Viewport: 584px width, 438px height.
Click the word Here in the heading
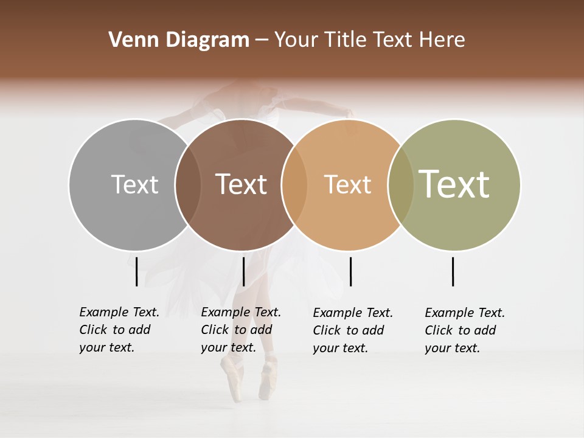[442, 40]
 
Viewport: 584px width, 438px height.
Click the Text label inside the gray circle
[134, 184]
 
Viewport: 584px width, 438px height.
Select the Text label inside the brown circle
[241, 184]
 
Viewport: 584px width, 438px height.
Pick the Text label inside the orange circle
[347, 184]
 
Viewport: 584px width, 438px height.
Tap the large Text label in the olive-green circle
[454, 184]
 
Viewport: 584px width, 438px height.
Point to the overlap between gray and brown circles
[188, 185]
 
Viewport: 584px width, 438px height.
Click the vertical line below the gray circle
[137, 271]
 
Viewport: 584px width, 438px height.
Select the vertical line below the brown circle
[243, 271]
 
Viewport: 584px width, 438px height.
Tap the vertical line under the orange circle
[350, 271]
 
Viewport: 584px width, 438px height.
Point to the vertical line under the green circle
[453, 271]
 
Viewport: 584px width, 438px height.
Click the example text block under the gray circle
[119, 330]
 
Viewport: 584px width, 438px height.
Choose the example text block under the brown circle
[240, 330]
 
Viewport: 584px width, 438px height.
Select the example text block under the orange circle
[352, 330]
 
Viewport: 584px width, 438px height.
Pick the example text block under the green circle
[464, 330]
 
